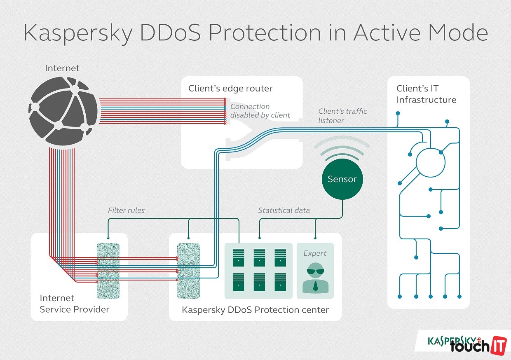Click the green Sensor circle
342,179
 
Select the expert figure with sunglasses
315,278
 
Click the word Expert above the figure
315,253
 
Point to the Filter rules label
126,210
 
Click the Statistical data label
284,210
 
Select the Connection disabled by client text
260,111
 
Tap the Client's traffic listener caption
342,116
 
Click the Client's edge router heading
230,89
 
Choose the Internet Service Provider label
74,304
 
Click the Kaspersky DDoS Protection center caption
255,310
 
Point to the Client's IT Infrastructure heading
426,94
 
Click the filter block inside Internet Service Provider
108,271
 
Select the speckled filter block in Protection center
188,271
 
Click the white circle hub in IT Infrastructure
431,163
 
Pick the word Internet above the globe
62,68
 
